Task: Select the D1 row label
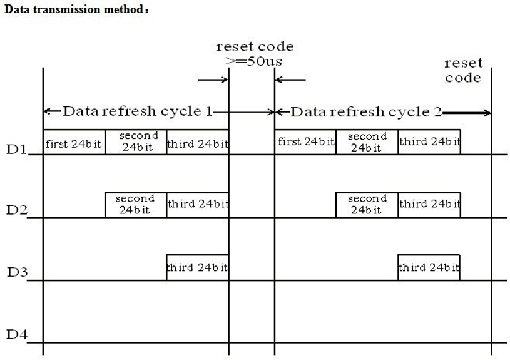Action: (16, 150)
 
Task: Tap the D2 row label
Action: (17, 210)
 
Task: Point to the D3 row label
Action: (18, 272)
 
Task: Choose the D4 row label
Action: (17, 334)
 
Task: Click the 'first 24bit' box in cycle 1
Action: (74, 142)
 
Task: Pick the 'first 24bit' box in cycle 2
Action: (305, 142)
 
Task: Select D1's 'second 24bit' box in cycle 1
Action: (136, 142)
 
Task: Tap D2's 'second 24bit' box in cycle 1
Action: (136, 205)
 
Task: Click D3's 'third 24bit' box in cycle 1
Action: (198, 267)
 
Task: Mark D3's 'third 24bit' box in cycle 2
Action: (429, 267)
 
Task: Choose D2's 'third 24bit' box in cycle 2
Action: (429, 205)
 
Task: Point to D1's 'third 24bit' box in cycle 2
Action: (429, 142)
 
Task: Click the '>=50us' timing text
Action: (254, 61)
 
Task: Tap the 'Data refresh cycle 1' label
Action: (138, 111)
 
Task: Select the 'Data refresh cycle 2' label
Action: (366, 112)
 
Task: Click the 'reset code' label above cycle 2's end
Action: (463, 70)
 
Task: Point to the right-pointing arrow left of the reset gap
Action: (213, 80)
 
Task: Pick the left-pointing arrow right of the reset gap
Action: (290, 80)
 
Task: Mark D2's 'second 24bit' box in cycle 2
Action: (367, 205)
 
